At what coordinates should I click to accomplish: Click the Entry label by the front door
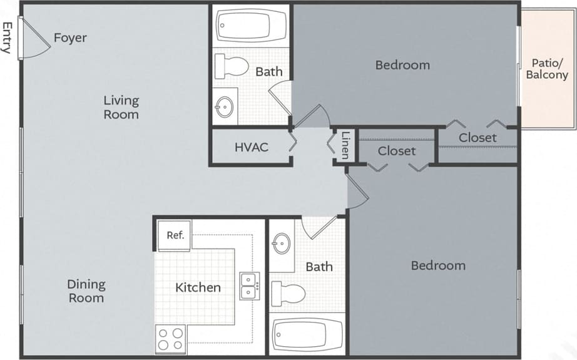pos(8,38)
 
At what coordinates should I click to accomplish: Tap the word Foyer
pos(70,38)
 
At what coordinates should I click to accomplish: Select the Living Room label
pos(121,107)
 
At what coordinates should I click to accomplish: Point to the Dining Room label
pos(86,291)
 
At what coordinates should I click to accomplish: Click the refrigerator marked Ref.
pos(175,236)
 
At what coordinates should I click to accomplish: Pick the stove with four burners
pos(171,339)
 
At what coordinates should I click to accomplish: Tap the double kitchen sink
pos(249,285)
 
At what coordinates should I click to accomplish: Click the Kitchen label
pos(198,287)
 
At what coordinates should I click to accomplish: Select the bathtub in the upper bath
pos(251,27)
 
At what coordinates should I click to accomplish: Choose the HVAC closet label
pos(252,148)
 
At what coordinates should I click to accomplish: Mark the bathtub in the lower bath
pos(307,334)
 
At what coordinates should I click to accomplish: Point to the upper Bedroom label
pos(402,64)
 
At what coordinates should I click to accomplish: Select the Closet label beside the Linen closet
pos(397,151)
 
